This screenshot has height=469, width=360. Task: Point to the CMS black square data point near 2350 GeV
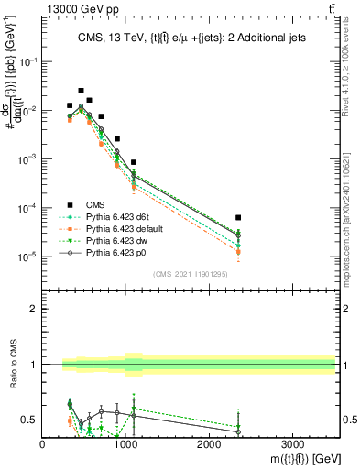coord(238,218)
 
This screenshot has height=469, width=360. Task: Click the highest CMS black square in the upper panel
coord(82,91)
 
